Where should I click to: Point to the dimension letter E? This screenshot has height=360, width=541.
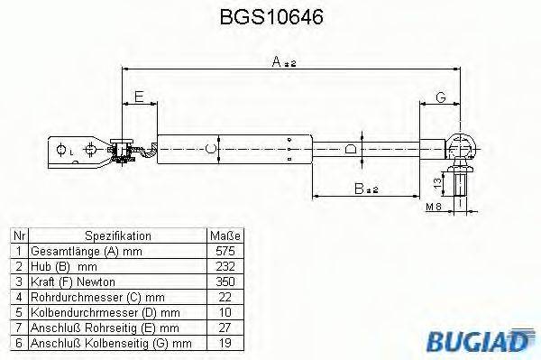click(138, 97)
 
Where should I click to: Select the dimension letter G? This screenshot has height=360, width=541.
click(441, 97)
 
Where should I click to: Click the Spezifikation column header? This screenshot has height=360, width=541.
click(112, 235)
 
